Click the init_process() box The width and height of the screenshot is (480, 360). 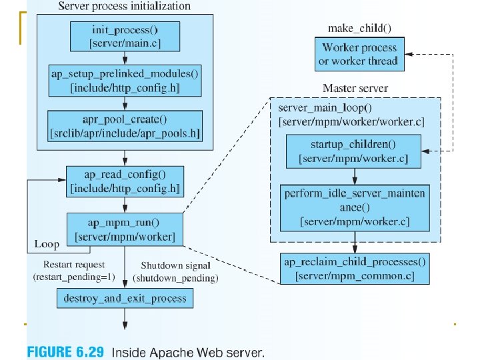[x=125, y=36]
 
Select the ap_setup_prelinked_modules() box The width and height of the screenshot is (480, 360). [x=125, y=80]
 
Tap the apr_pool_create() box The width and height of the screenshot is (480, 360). [x=125, y=126]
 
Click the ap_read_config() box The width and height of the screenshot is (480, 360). [x=125, y=181]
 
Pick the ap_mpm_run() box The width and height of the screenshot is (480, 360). [x=125, y=229]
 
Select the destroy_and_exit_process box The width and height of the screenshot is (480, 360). [x=125, y=297]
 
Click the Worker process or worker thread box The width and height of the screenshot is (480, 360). [x=359, y=55]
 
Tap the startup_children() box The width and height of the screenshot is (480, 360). [x=353, y=151]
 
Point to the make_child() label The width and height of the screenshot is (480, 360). [x=359, y=27]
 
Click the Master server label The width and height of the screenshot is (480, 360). [x=355, y=88]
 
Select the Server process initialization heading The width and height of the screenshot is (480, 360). [x=125, y=6]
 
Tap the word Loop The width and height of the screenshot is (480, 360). [x=47, y=244]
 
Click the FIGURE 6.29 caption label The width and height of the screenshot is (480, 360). [x=65, y=351]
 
